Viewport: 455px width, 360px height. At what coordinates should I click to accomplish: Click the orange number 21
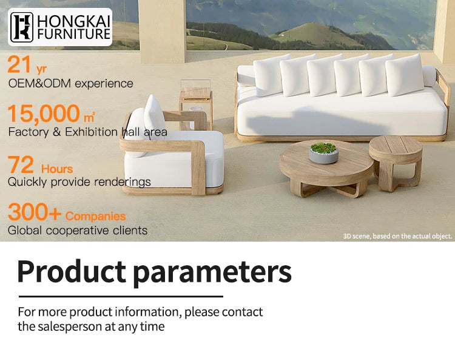(x=19, y=66)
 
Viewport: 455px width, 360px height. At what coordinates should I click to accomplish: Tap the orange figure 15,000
(x=44, y=114)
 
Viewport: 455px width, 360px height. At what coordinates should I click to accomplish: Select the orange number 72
(x=21, y=165)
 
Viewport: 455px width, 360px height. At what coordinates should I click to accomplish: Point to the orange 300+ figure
(x=34, y=212)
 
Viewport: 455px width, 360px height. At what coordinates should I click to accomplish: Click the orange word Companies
(x=96, y=216)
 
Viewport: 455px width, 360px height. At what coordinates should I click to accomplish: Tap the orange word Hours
(x=57, y=169)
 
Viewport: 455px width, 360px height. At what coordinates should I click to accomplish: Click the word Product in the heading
(x=71, y=272)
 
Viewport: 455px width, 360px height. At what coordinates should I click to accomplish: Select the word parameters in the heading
(x=212, y=272)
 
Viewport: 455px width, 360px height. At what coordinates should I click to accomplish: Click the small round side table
(x=396, y=157)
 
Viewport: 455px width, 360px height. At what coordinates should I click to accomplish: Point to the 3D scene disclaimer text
(x=397, y=236)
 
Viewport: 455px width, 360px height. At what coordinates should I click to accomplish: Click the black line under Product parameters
(x=121, y=296)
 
